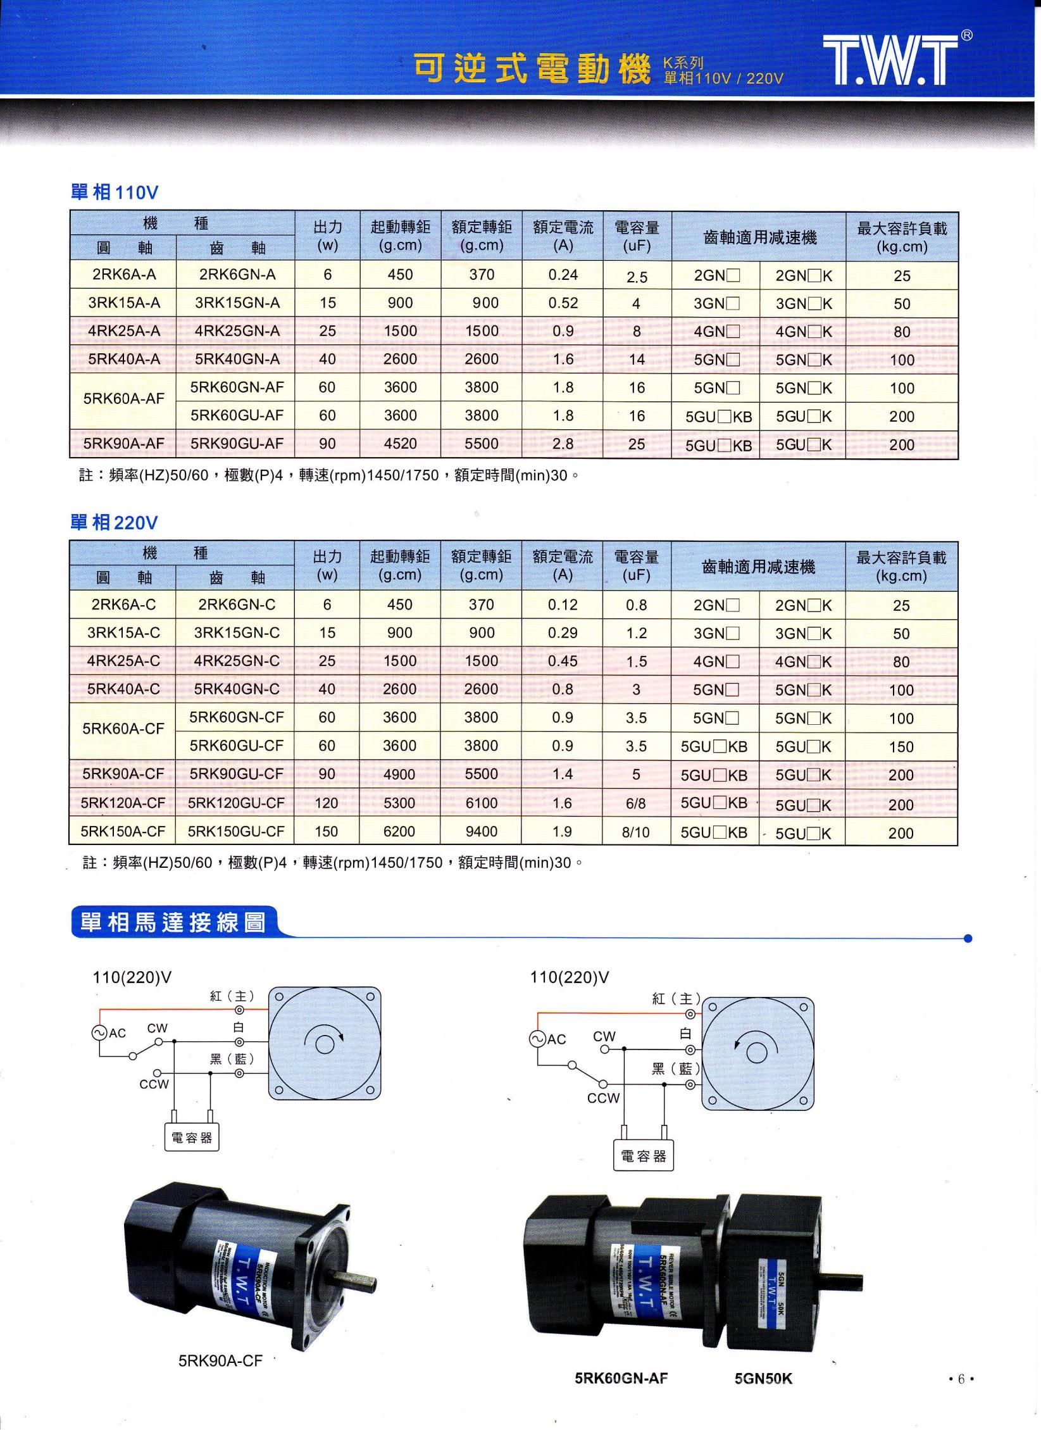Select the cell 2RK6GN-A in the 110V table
237,275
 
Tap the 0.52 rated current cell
563,303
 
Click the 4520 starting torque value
400,444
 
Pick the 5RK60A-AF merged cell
123,399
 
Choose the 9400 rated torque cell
481,832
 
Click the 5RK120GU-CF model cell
236,803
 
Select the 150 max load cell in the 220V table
901,747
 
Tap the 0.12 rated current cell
563,605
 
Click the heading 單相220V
114,523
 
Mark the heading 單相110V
114,192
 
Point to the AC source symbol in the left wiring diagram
99,1032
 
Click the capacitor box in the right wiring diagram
643,1157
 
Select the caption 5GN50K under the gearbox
763,1378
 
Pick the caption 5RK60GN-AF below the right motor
621,1378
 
